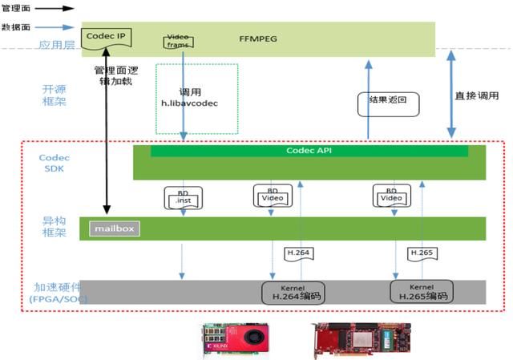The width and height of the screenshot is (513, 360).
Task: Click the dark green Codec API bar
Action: click(x=309, y=151)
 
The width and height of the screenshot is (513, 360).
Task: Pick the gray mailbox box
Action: click(x=114, y=229)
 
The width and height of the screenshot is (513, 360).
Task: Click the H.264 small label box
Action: click(x=297, y=253)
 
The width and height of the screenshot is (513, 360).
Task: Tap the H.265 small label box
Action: click(x=422, y=253)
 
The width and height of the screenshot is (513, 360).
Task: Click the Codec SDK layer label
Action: click(x=54, y=164)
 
